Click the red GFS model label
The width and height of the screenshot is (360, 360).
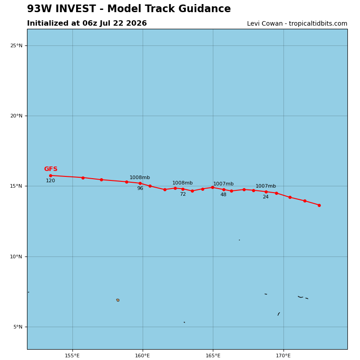[51, 169]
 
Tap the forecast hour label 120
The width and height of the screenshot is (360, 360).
[50, 181]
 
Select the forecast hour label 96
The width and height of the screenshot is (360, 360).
[140, 188]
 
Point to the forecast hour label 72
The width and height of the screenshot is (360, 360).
[183, 194]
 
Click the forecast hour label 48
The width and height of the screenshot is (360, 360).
[223, 195]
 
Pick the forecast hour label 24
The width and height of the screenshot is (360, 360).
[265, 197]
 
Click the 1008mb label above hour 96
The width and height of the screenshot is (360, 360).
[139, 177]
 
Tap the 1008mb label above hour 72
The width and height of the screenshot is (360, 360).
[183, 183]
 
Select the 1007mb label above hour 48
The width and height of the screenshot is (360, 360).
[223, 184]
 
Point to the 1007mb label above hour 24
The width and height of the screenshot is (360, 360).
[265, 186]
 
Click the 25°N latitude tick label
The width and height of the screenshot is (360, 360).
[16, 46]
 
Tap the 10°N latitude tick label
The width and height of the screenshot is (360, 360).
[16, 256]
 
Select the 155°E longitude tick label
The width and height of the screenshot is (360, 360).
[72, 355]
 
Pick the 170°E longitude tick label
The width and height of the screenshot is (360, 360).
[283, 355]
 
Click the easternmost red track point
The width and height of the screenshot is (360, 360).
[319, 206]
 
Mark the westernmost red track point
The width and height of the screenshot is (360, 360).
[50, 175]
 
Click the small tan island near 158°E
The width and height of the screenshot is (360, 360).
[118, 300]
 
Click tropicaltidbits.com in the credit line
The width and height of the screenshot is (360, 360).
[318, 24]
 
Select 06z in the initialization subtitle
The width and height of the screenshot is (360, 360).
[90, 23]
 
